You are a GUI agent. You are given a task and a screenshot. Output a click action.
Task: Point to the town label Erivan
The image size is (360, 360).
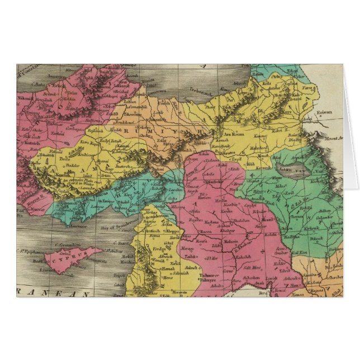point(326,112)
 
